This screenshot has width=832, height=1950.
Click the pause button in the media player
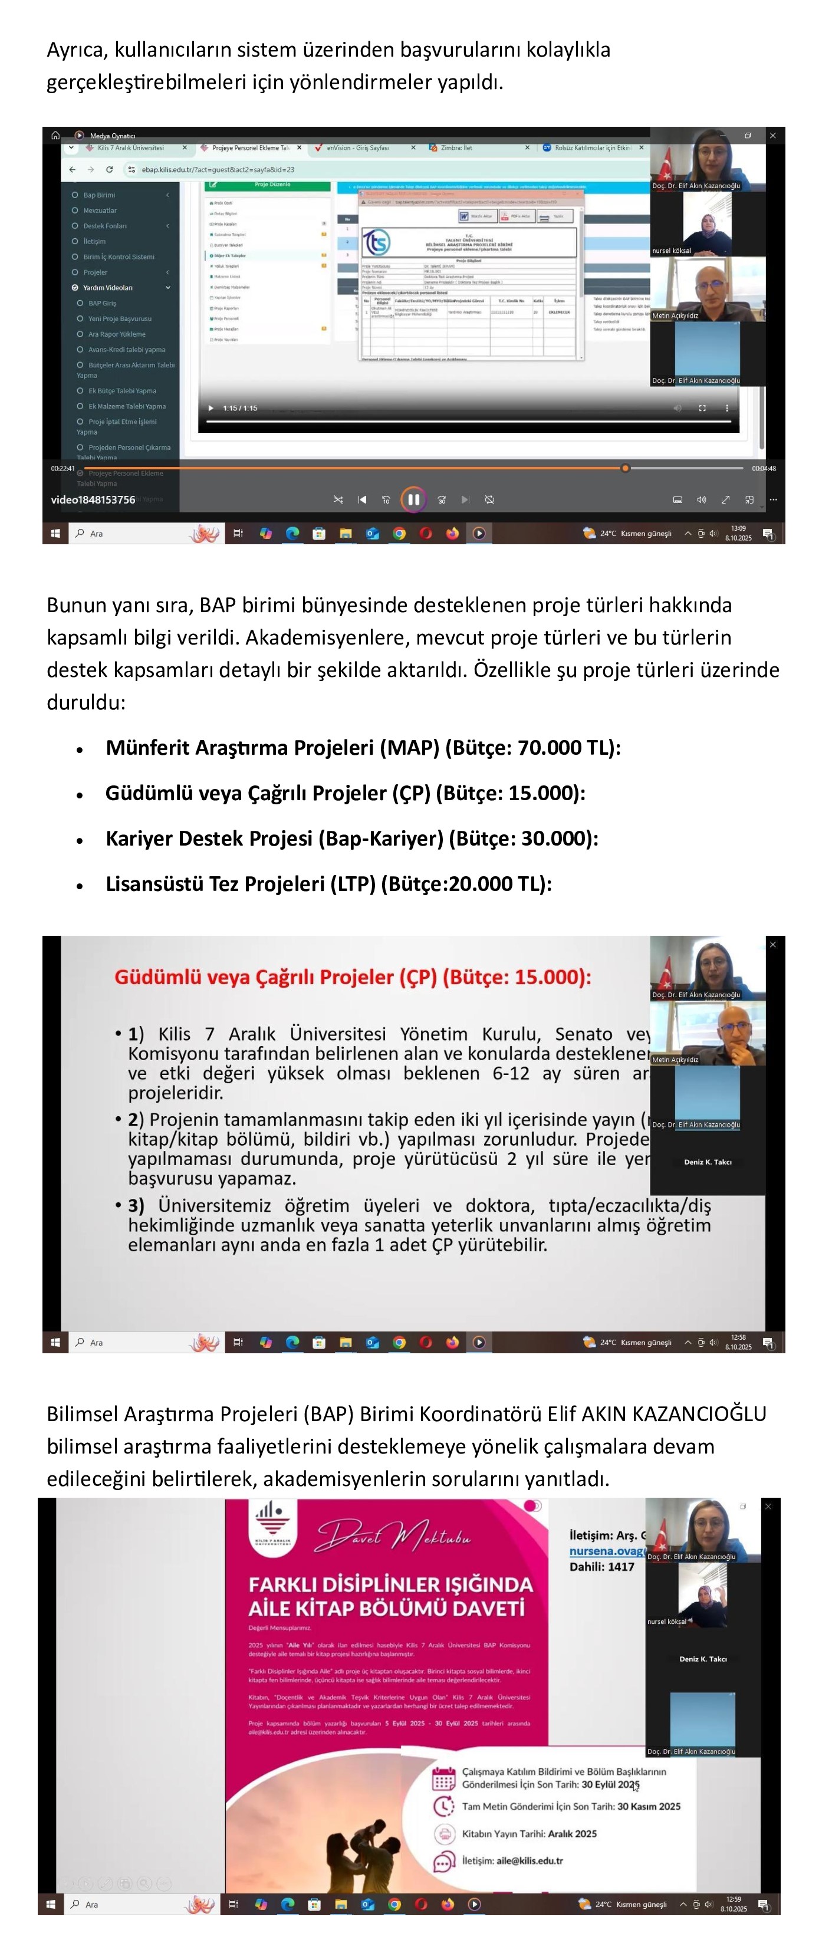click(x=413, y=499)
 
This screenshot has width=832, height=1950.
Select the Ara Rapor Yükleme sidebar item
click(x=117, y=334)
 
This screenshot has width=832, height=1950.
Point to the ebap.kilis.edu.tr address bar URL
click(x=218, y=170)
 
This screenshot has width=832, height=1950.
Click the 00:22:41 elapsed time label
click(x=63, y=469)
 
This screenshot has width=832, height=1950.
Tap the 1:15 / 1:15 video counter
click(x=240, y=408)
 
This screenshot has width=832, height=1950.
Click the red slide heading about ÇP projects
click(x=353, y=976)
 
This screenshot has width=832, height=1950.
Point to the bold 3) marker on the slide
click(x=136, y=1205)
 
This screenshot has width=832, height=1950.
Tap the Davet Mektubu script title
click(x=394, y=1536)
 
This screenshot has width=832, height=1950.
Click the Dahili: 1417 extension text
click(x=602, y=1566)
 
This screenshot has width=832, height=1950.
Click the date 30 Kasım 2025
click(x=649, y=1806)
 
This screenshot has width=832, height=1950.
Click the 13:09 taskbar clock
click(x=738, y=528)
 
